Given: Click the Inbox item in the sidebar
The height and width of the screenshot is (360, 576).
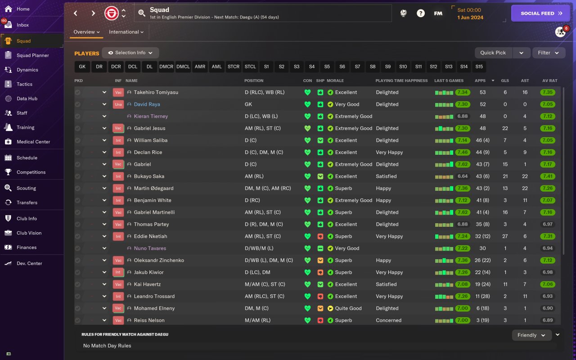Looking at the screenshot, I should pos(22,25).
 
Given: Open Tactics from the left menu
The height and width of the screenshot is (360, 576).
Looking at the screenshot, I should pos(24,84).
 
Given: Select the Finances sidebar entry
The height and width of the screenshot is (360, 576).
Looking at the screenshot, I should pos(27,247).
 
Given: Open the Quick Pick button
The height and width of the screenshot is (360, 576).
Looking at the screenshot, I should pos(493,53).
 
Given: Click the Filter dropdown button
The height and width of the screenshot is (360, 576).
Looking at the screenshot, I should pos(549,53).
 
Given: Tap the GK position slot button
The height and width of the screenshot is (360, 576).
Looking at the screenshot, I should pos(82,67).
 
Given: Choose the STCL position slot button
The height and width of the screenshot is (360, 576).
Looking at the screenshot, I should pos(250,67).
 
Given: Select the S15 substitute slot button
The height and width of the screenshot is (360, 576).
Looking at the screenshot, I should pos(479,67).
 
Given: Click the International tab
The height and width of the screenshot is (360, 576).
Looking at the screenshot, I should pos(126,32).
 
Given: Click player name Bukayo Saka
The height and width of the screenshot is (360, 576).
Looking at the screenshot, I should pos(149,176).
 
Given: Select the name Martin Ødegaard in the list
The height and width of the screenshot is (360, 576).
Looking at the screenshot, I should pos(153,189).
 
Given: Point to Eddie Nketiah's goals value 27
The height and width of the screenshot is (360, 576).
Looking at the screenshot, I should pos(505,236).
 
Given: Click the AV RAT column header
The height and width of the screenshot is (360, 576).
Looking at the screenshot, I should pos(549,81).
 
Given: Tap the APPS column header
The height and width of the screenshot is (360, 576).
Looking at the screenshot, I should pos(480,81).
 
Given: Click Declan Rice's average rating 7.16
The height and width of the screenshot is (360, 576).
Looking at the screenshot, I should pos(547,153).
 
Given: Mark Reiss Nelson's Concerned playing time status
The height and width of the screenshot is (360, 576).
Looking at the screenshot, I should pos(388,320).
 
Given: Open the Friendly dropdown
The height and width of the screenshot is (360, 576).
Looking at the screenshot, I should pos(531,335).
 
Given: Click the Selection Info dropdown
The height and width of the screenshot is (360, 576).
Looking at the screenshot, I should pos(130,53).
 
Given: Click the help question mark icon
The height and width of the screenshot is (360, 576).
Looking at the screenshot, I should pos(420,13).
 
